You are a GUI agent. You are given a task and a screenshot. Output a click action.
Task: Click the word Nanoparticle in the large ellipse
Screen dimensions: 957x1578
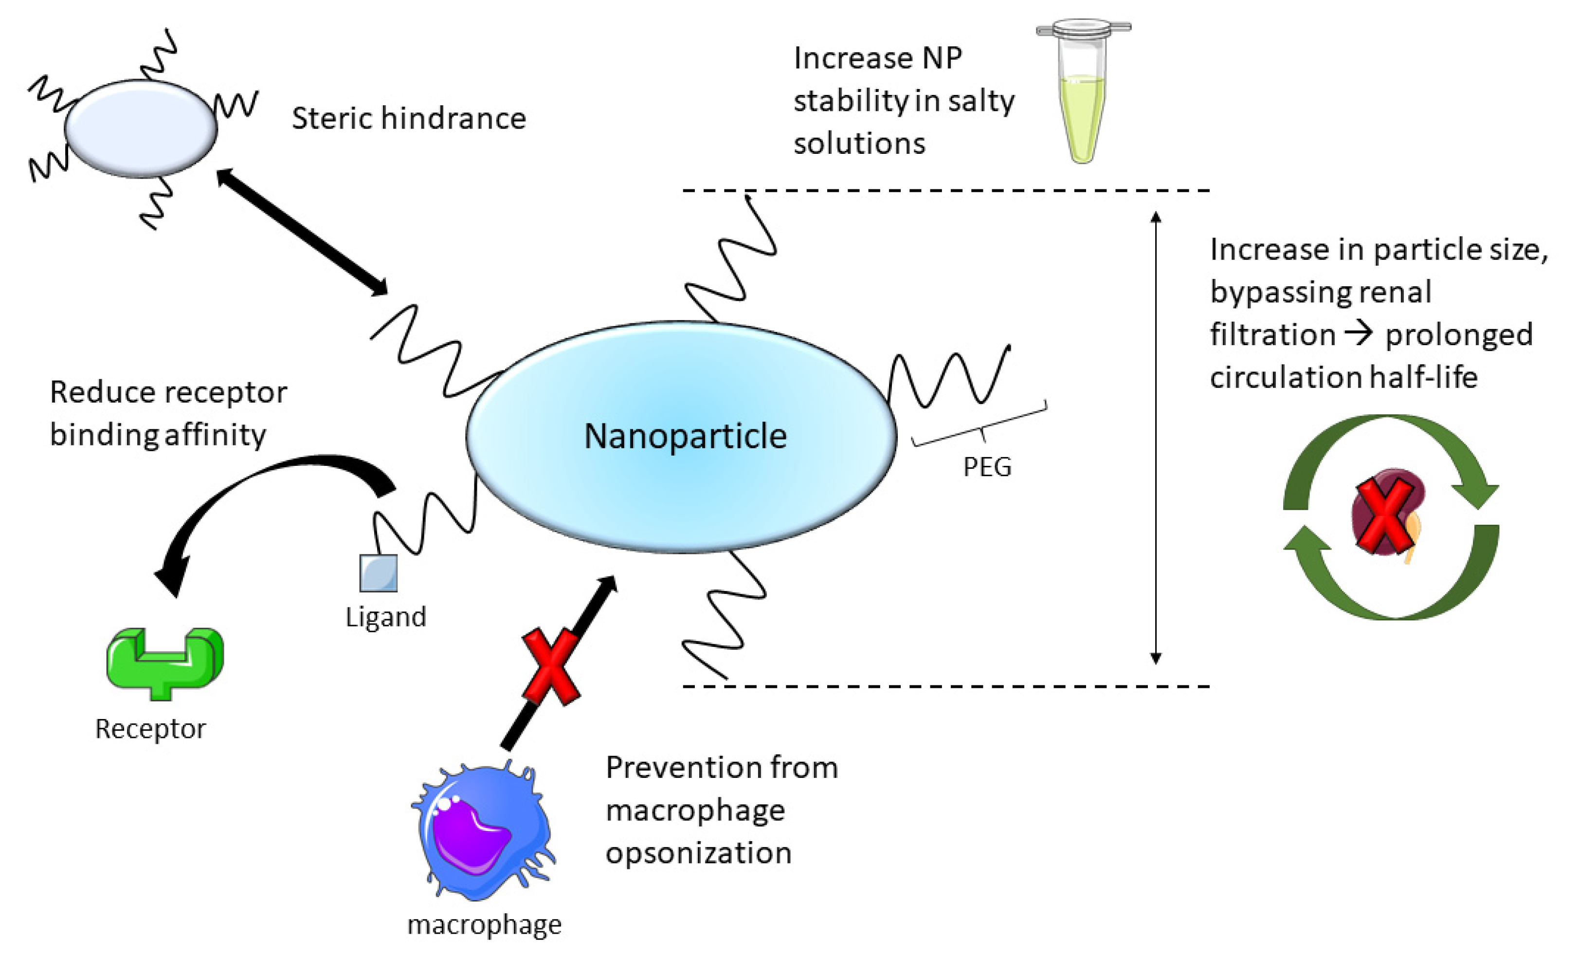coord(685,436)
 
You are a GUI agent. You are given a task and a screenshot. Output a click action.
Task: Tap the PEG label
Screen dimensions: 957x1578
coord(987,467)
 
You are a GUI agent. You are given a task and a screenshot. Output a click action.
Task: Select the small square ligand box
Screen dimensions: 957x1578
coord(378,572)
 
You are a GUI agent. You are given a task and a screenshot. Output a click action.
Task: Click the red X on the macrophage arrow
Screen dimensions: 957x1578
coord(551,666)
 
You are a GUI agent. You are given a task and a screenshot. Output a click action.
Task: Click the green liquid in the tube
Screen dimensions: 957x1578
coord(1082,115)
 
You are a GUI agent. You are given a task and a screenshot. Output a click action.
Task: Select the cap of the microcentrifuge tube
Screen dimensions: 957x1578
coord(1083,29)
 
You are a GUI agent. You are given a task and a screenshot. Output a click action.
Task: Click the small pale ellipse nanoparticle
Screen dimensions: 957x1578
coord(141,128)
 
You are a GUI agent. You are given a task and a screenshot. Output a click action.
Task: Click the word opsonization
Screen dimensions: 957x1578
coord(699,853)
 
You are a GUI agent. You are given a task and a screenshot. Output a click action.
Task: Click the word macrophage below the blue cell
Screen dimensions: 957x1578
coord(484,925)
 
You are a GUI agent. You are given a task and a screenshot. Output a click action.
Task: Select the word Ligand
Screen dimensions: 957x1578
coord(385,617)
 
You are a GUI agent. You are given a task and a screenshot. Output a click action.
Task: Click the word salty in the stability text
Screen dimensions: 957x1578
coord(981,101)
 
